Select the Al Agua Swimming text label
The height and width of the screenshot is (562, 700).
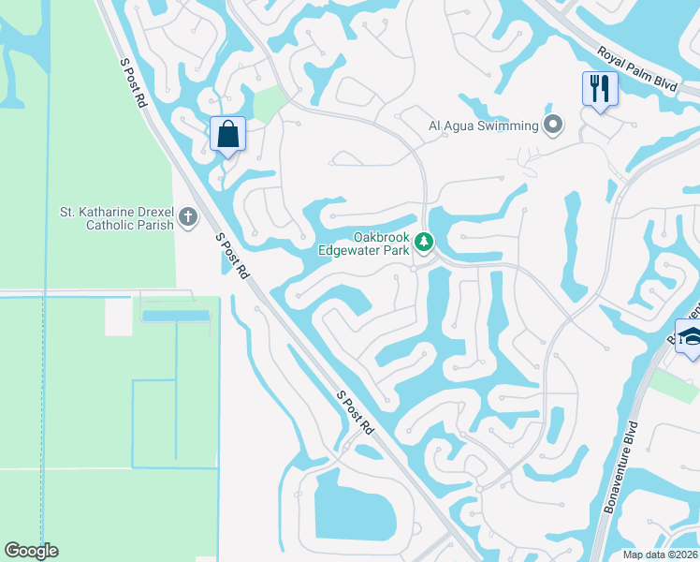[x=484, y=126]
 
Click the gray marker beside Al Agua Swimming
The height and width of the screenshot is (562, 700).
[x=553, y=125]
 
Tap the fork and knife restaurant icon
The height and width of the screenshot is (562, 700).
[x=599, y=89]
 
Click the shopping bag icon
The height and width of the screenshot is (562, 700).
[x=227, y=133]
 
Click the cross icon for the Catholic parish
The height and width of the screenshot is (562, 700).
[x=188, y=218]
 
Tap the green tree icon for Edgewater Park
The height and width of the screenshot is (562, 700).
[x=424, y=243]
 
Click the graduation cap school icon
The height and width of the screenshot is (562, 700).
[x=691, y=337]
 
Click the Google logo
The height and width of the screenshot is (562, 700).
[x=31, y=551]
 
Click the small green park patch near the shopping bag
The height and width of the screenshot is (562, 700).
[x=270, y=104]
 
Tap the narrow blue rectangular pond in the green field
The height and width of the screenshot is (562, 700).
[x=176, y=316]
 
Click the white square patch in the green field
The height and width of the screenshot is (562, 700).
[x=118, y=317]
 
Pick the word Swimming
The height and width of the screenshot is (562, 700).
[x=510, y=126]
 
